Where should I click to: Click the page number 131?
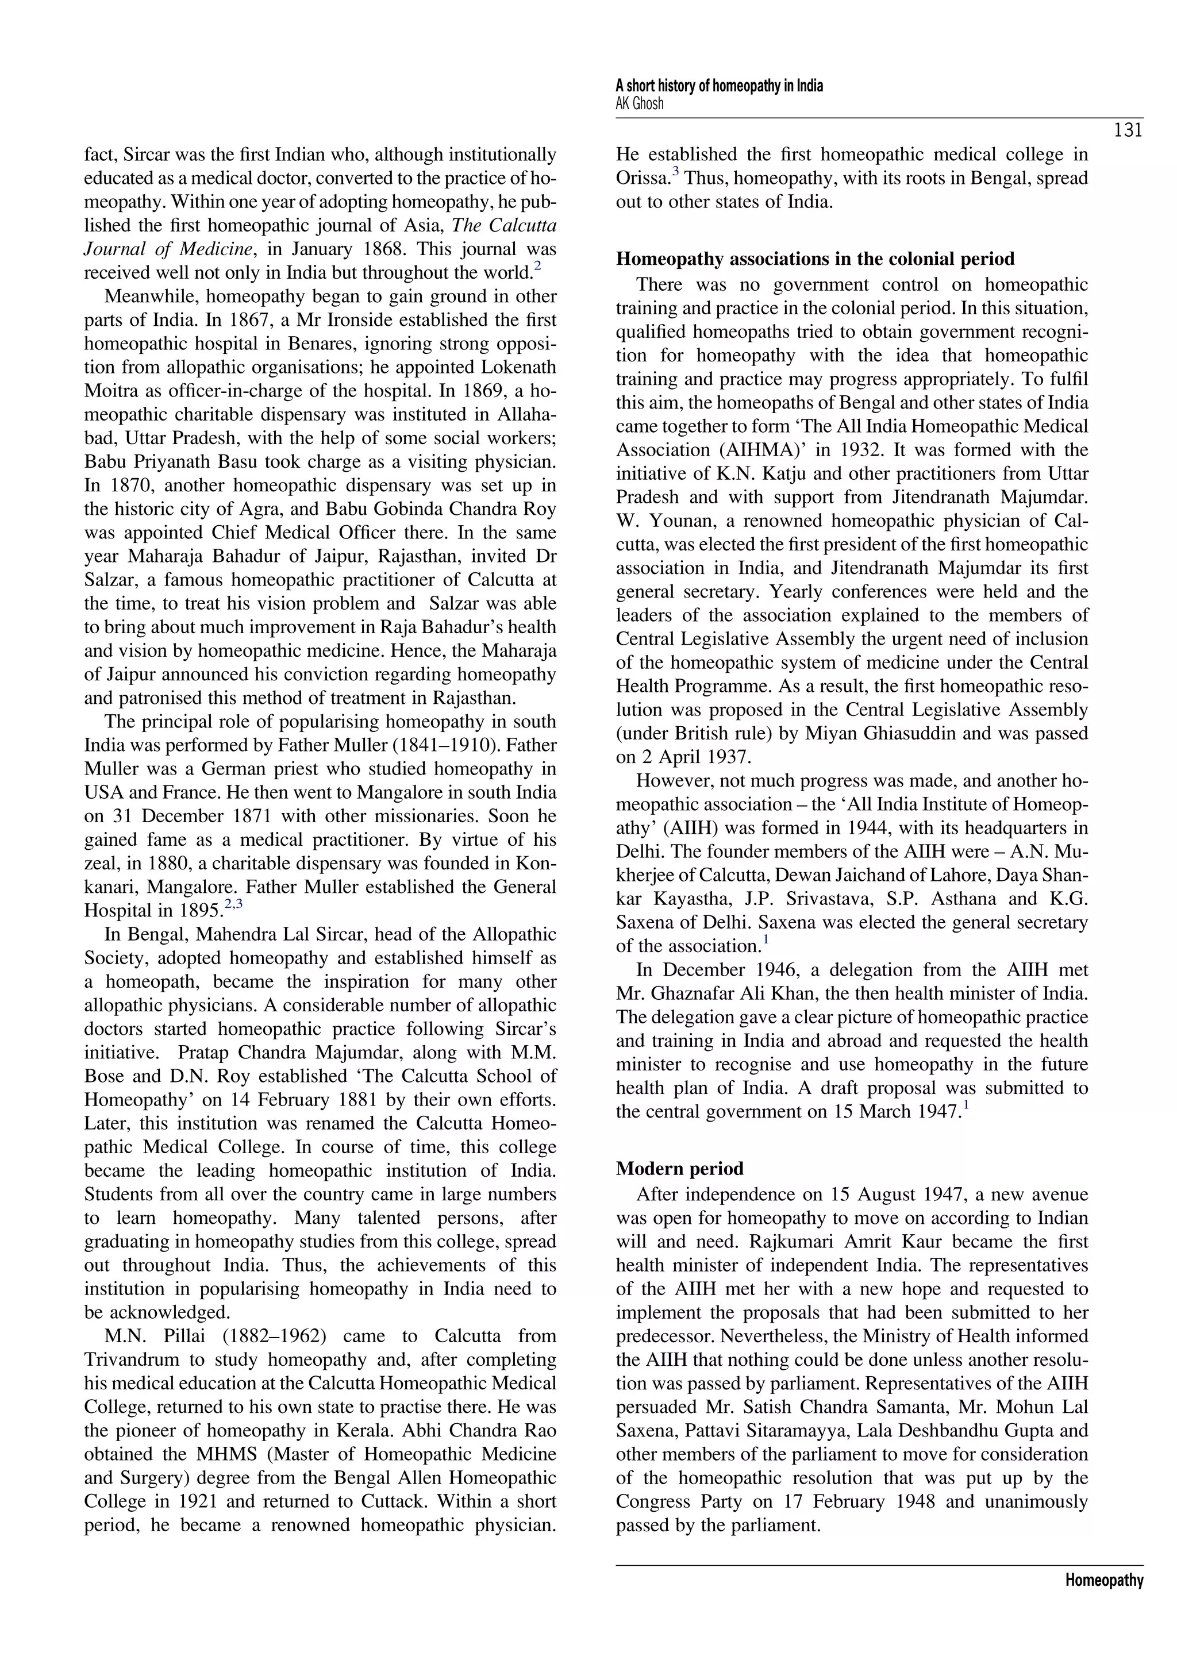click(1128, 131)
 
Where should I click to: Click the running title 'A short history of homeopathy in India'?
click(719, 86)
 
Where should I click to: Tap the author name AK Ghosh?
click(639, 103)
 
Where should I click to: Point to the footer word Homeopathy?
click(1104, 1581)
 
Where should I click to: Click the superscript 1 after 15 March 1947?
click(966, 1106)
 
